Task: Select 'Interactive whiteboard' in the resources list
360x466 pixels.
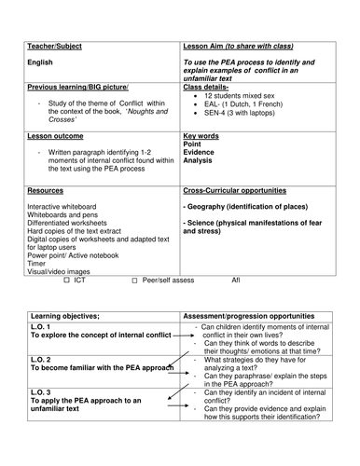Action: (65, 206)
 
